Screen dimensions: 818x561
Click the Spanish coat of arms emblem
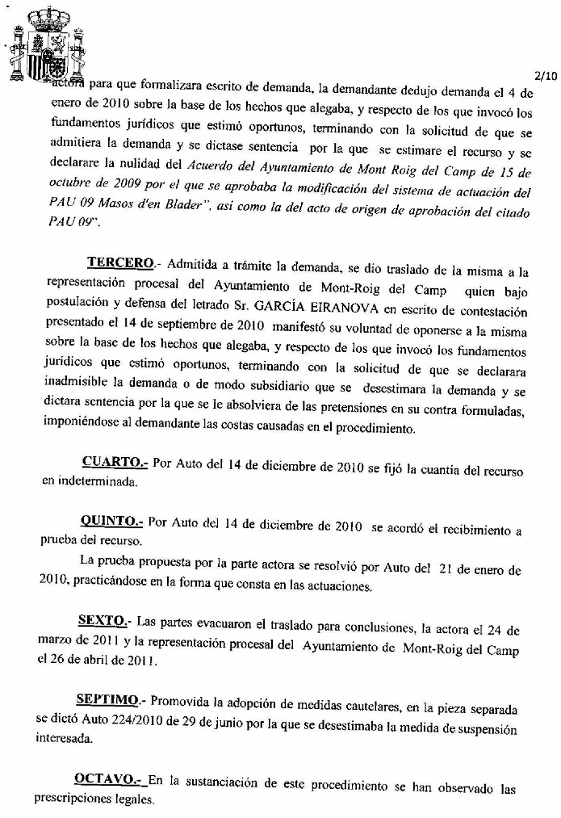pos(47,45)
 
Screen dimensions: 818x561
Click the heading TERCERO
pos(119,263)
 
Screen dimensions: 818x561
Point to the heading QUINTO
pos(111,522)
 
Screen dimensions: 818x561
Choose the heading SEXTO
pos(103,622)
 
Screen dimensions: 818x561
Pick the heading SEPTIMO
pos(107,698)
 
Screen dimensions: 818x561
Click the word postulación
pos(80,313)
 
